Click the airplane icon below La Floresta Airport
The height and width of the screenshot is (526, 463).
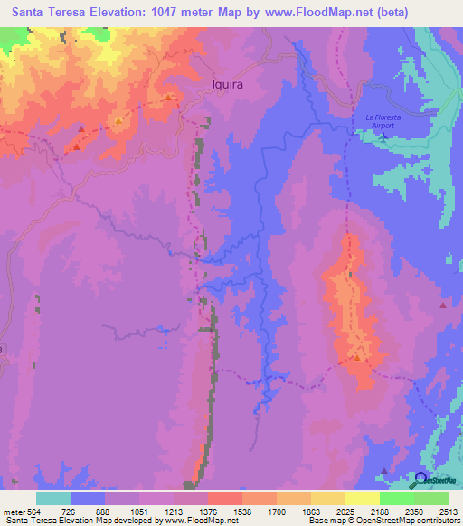point(383,137)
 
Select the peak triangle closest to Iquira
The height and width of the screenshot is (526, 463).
point(168,98)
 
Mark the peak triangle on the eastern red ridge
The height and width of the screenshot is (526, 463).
point(358,358)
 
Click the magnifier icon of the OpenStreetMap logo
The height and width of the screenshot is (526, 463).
point(418,479)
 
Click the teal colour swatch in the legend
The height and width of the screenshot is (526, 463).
point(53,498)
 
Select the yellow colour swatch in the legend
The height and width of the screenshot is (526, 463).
point(363,498)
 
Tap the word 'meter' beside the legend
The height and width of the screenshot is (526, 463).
point(13,512)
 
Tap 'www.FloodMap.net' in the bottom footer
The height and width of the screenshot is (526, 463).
point(194,521)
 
